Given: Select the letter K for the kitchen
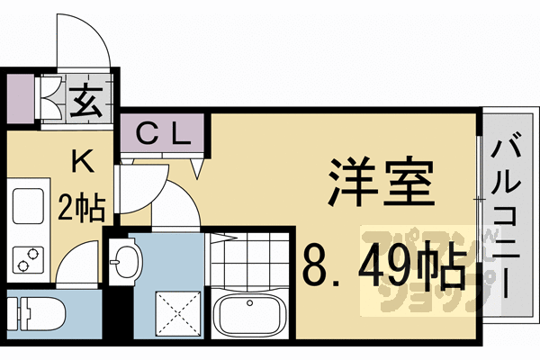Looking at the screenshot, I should pos(81,162).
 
